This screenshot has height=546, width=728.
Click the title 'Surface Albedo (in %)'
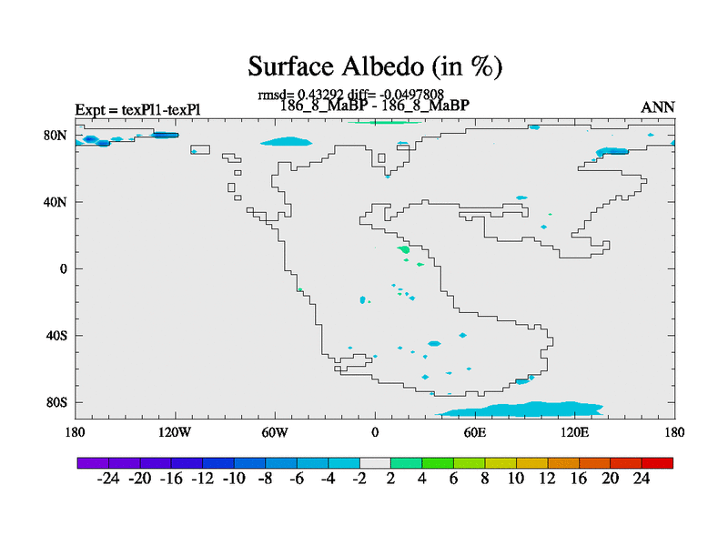(x=375, y=66)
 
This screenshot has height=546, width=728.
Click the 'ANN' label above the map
(x=657, y=107)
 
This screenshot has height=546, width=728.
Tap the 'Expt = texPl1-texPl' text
(x=138, y=109)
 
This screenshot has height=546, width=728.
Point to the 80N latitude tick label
(x=56, y=136)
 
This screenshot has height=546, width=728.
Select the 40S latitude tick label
(x=56, y=336)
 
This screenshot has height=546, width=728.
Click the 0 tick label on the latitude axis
(x=63, y=268)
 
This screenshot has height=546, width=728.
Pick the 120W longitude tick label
(x=175, y=433)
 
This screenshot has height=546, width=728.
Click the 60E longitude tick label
(x=475, y=433)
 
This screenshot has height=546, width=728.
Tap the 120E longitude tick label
(x=575, y=433)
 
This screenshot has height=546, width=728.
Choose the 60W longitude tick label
(x=275, y=433)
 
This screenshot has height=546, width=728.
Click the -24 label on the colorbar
(x=108, y=479)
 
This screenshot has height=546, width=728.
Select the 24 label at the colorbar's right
(x=642, y=479)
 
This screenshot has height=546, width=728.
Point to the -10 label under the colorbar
(x=234, y=479)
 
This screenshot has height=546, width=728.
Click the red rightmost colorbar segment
(x=657, y=463)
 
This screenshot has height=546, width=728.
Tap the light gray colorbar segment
(x=375, y=463)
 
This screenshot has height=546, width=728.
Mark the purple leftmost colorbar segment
(x=93, y=463)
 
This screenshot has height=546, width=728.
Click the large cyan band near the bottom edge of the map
(x=520, y=409)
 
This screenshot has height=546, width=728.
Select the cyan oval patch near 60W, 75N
(x=287, y=141)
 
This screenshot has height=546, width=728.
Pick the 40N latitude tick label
(x=56, y=202)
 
